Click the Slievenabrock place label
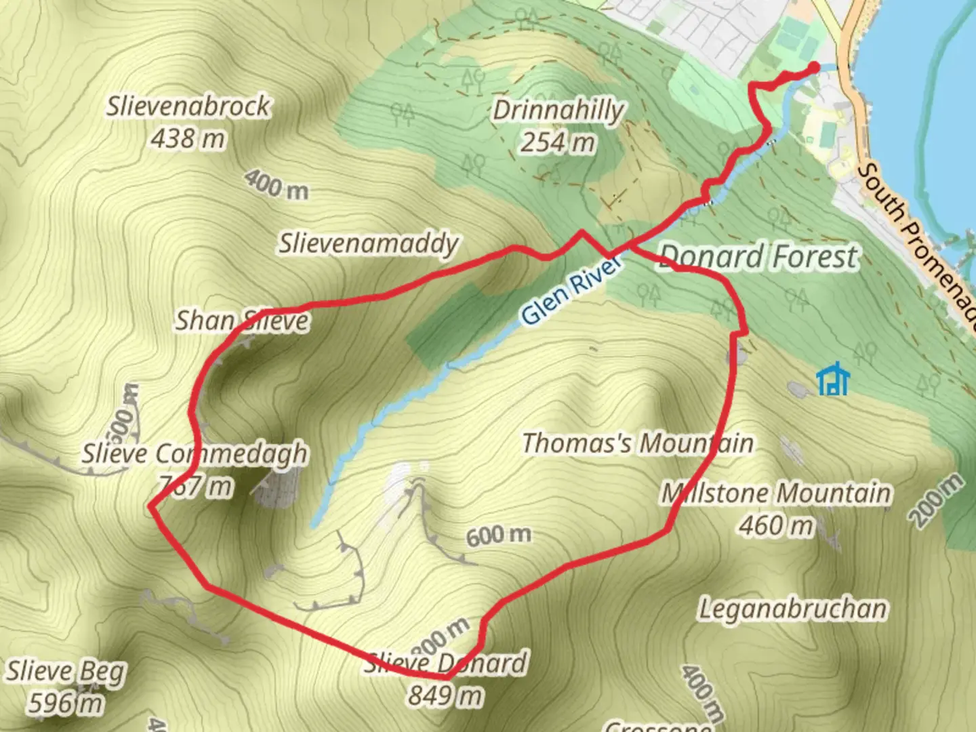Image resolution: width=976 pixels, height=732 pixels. tap(188, 106)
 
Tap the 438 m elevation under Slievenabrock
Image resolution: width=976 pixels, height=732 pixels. tap(188, 139)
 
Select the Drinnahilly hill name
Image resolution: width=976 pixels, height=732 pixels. tap(557, 110)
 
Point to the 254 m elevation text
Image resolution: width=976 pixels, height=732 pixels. tap(557, 142)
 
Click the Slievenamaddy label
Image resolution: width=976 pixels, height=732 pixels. tap(369, 243)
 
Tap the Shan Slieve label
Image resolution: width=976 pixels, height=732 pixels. tap(242, 321)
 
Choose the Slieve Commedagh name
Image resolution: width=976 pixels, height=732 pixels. tap(195, 453)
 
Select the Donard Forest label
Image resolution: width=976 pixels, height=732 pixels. tap(758, 258)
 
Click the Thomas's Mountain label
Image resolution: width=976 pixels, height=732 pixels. tap(637, 443)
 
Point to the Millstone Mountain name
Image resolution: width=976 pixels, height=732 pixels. tap(776, 493)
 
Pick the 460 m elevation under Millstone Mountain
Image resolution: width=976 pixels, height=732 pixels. tap(775, 525)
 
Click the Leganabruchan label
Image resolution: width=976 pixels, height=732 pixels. tap(792, 609)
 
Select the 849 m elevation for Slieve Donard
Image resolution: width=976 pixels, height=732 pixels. tap(445, 695)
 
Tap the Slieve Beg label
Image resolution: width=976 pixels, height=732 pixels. tap(66, 671)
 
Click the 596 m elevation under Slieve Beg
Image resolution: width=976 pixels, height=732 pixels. tap(66, 704)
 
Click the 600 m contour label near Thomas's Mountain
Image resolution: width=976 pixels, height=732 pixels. tap(498, 535)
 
